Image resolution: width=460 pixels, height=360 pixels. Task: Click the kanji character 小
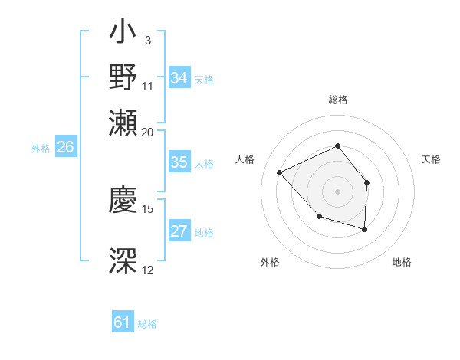123,34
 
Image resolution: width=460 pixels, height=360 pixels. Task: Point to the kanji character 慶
123,201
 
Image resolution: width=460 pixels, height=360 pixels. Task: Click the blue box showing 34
179,78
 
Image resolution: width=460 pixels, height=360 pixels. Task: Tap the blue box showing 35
179,162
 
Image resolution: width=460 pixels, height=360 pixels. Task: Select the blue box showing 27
179,232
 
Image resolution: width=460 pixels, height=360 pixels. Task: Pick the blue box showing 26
65,148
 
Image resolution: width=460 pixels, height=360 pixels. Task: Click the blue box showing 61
123,323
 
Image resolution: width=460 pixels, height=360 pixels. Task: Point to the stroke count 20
148,131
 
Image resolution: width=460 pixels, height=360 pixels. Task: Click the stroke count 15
148,208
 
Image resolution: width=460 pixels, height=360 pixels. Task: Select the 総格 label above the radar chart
337,100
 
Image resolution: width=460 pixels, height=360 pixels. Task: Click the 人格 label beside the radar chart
245,159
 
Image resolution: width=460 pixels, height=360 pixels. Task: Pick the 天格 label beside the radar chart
431,159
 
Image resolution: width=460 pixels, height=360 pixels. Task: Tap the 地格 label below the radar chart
402,262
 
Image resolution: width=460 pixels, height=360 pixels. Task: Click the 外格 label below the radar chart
270,262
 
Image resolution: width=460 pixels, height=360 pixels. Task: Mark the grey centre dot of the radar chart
337,191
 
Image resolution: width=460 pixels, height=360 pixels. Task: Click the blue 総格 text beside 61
147,324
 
